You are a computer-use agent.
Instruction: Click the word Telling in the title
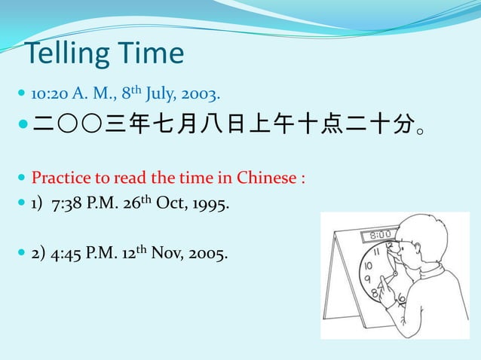[x=61, y=53]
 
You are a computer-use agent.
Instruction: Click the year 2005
[x=209, y=252]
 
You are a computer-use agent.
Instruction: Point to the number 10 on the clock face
[x=368, y=266]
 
